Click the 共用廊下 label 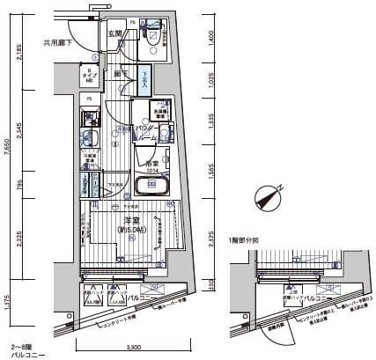tap(58, 42)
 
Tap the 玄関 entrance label tap(114, 33)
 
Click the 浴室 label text tap(151, 163)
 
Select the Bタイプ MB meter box tap(90, 76)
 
